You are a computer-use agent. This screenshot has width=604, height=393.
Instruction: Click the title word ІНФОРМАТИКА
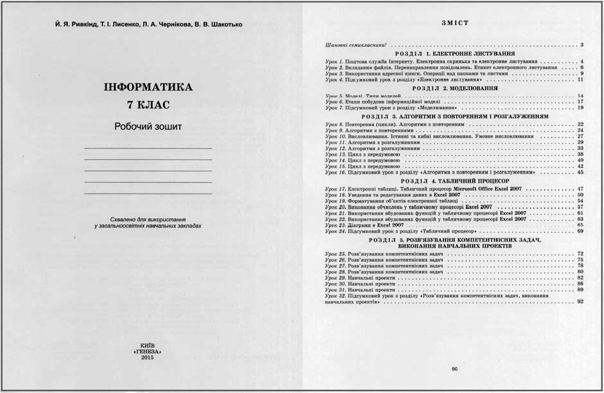click(148, 87)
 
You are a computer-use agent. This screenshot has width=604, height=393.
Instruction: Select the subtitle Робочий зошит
click(148, 127)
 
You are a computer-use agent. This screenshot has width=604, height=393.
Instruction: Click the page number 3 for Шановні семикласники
click(581, 45)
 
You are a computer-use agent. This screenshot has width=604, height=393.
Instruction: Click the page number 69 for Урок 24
click(580, 232)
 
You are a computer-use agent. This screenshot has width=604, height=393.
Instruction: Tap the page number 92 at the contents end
click(580, 301)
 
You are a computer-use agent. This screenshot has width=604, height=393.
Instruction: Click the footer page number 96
click(454, 369)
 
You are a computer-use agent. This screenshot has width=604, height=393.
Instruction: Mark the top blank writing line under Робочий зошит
click(148, 149)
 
